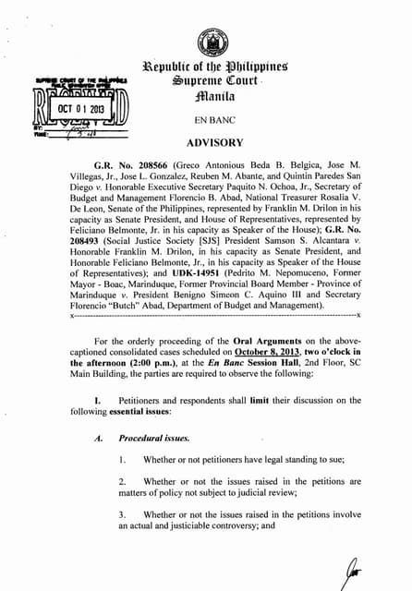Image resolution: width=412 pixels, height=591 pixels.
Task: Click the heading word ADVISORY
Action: point(214,143)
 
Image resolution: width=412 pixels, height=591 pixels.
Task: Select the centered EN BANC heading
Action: point(213,120)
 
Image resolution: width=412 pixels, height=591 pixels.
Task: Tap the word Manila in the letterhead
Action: point(213,101)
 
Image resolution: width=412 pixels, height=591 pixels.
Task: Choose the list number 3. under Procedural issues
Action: point(122,514)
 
